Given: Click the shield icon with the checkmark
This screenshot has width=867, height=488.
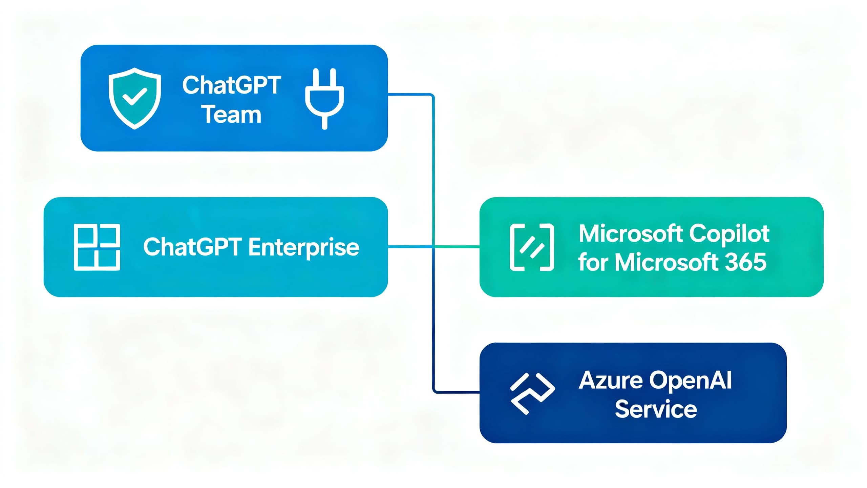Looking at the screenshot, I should click(134, 98).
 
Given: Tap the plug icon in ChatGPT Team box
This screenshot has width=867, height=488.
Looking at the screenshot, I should click(324, 98).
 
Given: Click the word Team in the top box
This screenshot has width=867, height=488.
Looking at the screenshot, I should click(232, 115).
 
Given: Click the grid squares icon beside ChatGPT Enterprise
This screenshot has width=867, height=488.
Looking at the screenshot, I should click(97, 247).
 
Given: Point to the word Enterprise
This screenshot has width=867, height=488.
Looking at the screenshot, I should click(303, 247).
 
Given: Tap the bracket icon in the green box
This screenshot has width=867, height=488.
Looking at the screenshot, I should click(532, 247).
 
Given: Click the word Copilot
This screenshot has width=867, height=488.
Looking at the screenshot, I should click(729, 234).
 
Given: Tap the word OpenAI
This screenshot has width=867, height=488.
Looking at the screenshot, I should click(691, 380).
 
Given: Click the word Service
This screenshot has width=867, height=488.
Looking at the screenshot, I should click(656, 409).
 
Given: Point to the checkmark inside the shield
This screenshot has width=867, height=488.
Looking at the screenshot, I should click(134, 96).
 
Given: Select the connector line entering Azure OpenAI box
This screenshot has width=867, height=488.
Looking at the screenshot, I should click(457, 392).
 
